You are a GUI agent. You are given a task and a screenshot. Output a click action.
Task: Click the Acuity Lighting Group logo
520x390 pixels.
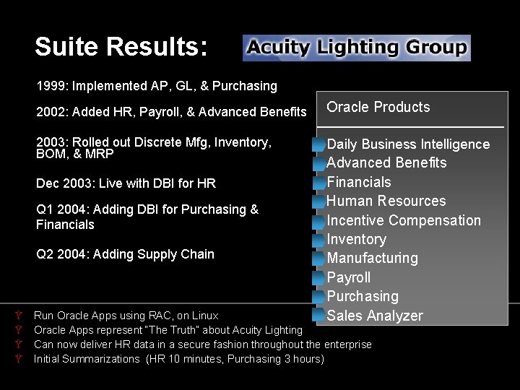(357, 48)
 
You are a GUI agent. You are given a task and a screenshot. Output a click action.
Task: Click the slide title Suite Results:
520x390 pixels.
(121, 47)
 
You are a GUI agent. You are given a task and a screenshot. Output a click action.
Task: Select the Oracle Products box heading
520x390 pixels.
(378, 108)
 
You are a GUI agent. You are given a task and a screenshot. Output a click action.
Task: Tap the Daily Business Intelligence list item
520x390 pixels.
(408, 144)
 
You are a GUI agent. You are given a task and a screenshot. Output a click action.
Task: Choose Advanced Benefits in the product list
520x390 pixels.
(386, 163)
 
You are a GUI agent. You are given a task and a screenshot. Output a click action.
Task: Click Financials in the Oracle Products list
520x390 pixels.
(359, 182)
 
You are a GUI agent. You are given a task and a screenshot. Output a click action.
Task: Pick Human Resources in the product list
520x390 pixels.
(386, 201)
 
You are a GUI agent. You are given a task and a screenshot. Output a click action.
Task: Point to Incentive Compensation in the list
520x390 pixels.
(404, 220)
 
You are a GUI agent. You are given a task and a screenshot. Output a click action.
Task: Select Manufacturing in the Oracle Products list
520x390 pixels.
(372, 258)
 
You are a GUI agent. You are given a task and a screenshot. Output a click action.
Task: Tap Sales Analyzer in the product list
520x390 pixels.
(375, 316)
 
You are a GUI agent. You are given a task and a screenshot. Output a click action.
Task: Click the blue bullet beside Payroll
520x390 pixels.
(318, 278)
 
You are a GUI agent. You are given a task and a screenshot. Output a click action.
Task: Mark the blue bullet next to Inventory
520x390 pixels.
(318, 240)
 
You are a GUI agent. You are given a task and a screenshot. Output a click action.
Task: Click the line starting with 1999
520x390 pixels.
(157, 86)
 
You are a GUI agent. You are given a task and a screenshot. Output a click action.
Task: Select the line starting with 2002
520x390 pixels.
(171, 112)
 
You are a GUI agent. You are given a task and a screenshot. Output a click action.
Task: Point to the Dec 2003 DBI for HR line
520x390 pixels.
(126, 183)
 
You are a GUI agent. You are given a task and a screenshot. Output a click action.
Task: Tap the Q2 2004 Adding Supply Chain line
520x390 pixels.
(125, 254)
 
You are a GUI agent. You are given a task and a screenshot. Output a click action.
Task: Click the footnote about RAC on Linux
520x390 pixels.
(126, 316)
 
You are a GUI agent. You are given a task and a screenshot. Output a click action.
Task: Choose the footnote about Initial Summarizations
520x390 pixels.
(178, 359)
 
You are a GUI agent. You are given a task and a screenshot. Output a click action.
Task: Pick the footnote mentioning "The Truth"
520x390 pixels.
(168, 330)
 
